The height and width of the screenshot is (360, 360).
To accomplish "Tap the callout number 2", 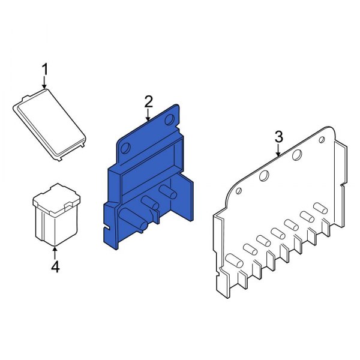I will point(149,102).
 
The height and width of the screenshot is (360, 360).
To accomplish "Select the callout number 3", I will point(278,137).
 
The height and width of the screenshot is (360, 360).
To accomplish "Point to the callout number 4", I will point(55,266).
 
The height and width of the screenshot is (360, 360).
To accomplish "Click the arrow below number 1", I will point(44,86).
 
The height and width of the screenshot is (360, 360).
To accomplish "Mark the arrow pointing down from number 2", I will point(149,116).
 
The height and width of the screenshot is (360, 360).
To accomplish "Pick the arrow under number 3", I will point(278,151).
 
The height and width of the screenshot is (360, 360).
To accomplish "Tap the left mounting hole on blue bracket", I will point(125,147).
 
